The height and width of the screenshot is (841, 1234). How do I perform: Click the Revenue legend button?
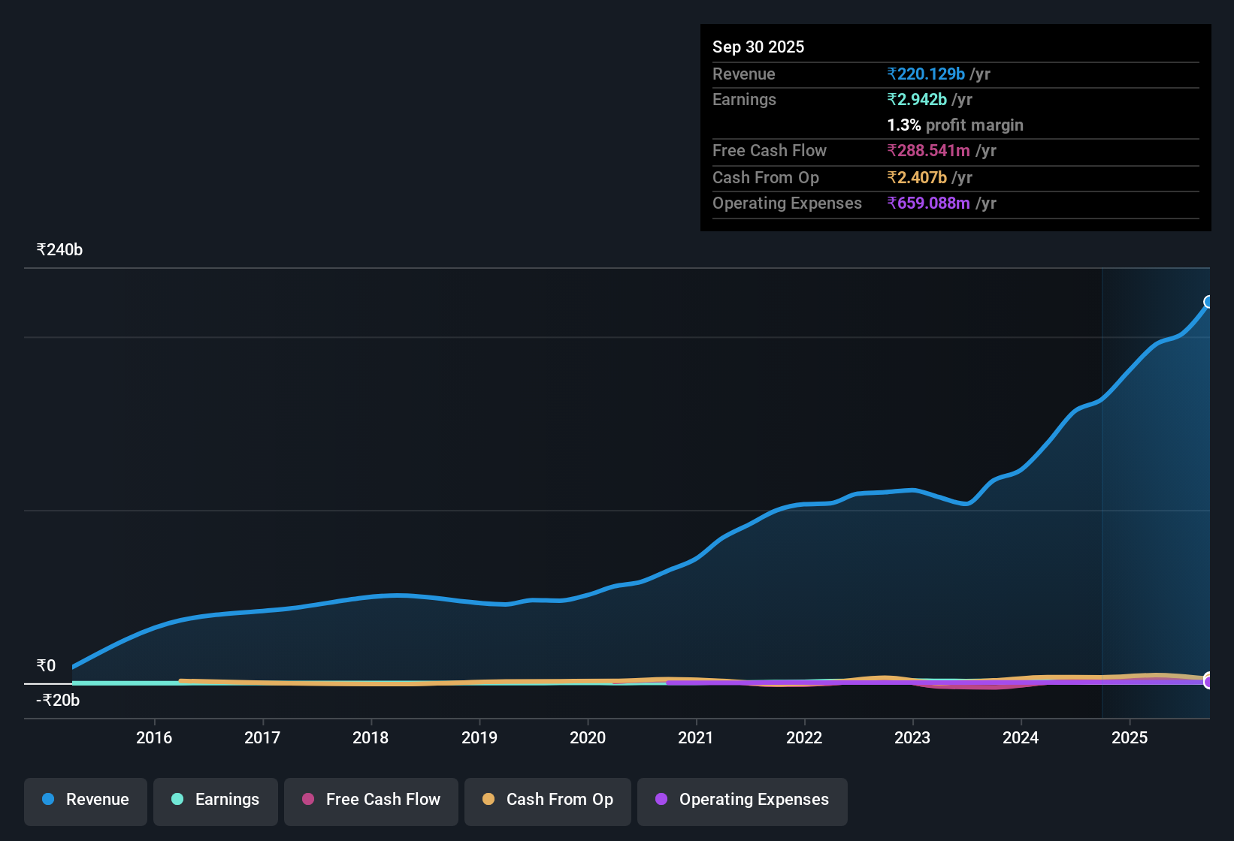click(x=86, y=800)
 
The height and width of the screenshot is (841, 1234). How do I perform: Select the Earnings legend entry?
click(x=216, y=800)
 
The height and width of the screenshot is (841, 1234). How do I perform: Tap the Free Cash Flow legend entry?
click(x=371, y=800)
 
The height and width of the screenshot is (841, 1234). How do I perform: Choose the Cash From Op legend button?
click(x=548, y=800)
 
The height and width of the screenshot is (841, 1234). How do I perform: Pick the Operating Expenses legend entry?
click(x=743, y=800)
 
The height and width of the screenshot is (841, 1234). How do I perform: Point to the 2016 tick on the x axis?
click(x=154, y=737)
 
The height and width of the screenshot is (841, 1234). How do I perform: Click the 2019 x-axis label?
click(x=479, y=737)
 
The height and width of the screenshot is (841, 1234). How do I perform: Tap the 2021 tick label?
click(x=696, y=737)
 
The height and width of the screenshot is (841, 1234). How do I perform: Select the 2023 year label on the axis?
click(x=912, y=737)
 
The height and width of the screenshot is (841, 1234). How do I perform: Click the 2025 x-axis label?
click(x=1130, y=737)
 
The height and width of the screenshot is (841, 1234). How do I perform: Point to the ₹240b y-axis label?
click(x=59, y=250)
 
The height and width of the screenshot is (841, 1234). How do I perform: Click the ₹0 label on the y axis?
click(x=46, y=666)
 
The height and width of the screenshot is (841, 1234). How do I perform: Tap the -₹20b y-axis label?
click(x=58, y=701)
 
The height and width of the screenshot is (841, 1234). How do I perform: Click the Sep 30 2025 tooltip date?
click(x=758, y=47)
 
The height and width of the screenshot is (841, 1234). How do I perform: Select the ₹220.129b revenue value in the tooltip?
click(x=926, y=74)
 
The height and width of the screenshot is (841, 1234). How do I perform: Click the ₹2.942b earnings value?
click(x=917, y=100)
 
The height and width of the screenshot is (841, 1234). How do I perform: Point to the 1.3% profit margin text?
click(x=955, y=125)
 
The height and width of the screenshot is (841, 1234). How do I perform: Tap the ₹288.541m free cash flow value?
click(x=929, y=151)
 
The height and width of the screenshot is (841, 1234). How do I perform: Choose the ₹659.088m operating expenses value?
click(x=929, y=203)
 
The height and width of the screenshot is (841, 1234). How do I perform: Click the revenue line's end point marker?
click(x=1208, y=302)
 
